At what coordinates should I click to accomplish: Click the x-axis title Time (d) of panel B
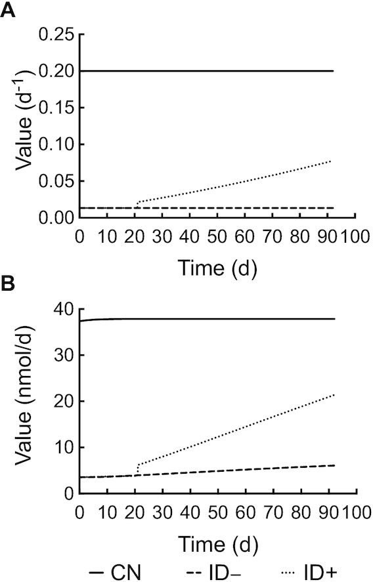(x=217, y=543)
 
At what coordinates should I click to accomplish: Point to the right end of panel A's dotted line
(x=332, y=161)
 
